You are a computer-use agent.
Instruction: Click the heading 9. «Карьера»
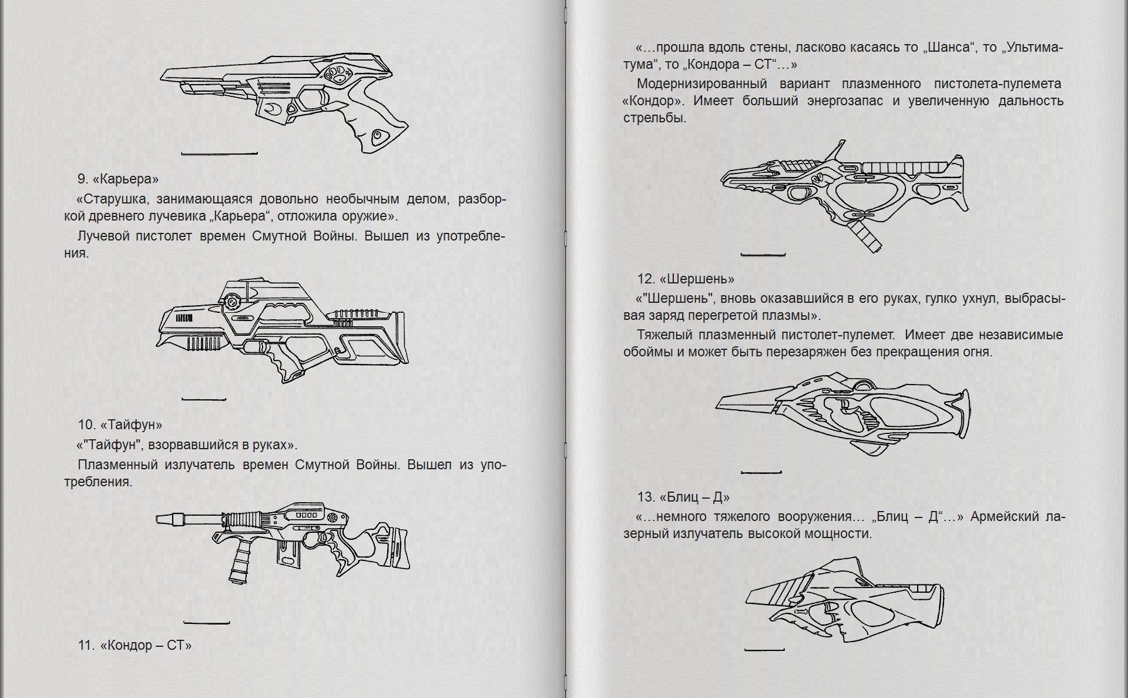coord(117,179)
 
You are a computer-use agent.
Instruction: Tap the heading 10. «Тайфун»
coord(120,425)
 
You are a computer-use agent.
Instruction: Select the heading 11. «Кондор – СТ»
coord(135,645)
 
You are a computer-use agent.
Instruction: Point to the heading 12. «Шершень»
coord(686,279)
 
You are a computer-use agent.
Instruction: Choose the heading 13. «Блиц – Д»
coord(683,497)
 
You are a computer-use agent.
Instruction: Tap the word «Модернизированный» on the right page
coord(701,84)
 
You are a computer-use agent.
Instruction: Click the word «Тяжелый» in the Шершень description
coord(664,335)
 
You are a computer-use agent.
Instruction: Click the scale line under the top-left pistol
coord(219,154)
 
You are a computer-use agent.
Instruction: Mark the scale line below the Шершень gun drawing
coord(761,472)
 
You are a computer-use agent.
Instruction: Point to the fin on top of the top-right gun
coord(835,151)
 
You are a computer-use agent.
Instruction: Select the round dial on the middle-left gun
coord(231,302)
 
